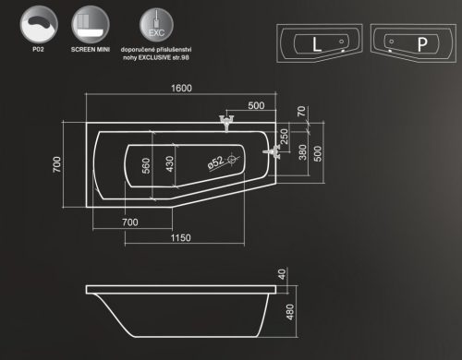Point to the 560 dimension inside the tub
tap(145, 167)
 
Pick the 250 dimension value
tap(285, 137)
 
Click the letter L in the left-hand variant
tap(317, 42)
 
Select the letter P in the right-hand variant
tap(420, 42)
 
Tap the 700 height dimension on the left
tap(57, 164)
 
